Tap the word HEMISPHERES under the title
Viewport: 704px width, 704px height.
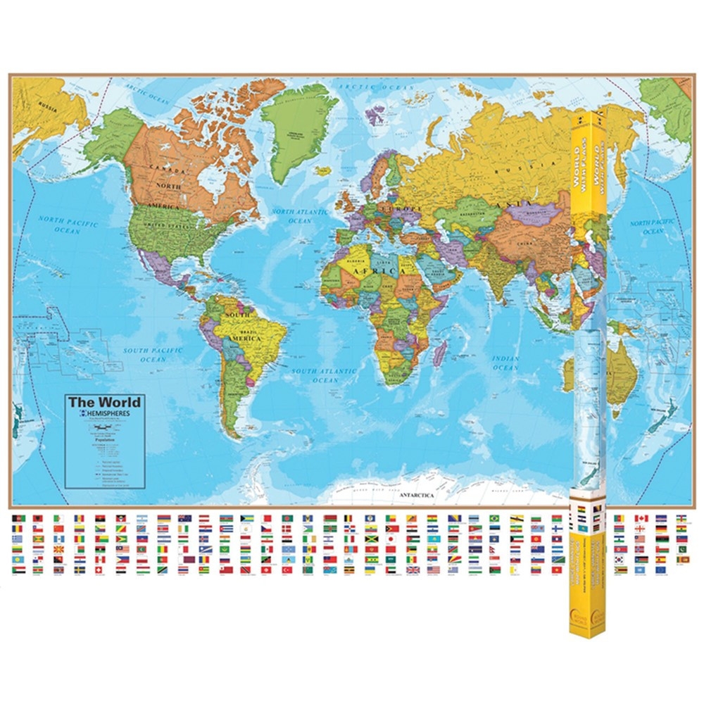point(109,414)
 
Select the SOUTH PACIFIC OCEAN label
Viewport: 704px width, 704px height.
point(153,355)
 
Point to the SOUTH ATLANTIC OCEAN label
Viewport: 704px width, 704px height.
point(325,375)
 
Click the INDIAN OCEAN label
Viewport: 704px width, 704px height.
point(505,363)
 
